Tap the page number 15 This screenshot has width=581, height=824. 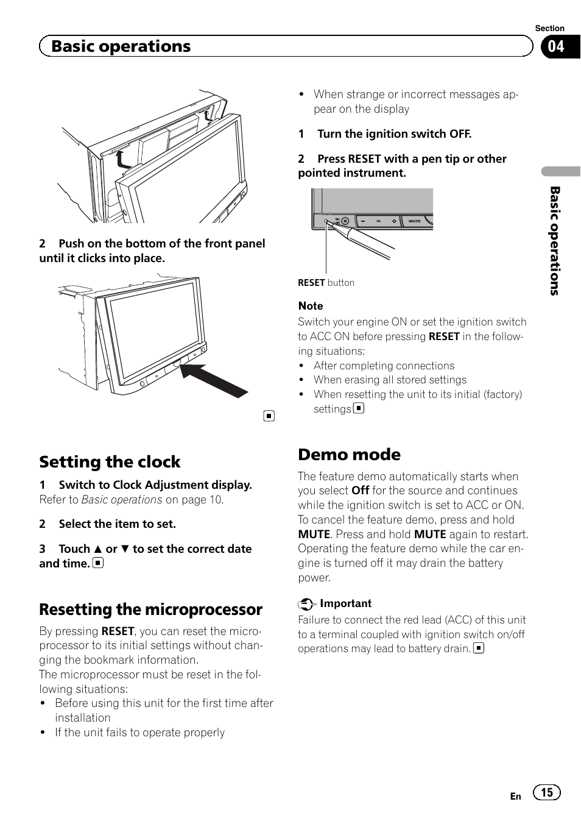point(547,792)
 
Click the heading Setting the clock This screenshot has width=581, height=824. point(110,462)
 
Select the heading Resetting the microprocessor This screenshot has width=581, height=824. point(150,609)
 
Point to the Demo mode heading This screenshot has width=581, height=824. point(349,455)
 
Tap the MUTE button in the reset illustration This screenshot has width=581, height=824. point(415,221)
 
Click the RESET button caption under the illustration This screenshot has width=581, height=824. point(326,283)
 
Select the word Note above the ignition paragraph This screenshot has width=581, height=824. point(311,306)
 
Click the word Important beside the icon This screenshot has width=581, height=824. point(345,603)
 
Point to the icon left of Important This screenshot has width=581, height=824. point(306,604)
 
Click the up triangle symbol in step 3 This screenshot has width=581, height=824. point(97,549)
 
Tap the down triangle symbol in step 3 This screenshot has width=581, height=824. point(125,549)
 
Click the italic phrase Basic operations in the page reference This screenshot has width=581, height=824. point(122,500)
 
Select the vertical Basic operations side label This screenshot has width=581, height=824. point(555,241)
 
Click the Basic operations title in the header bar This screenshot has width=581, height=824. point(121,46)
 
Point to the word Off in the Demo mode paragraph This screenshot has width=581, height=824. point(360,491)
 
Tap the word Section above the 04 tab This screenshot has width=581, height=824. point(549,28)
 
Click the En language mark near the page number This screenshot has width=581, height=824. point(515,796)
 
